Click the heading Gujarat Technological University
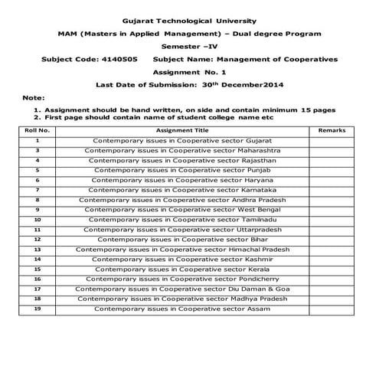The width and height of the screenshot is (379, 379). click(x=190, y=21)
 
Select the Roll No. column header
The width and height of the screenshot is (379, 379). click(x=38, y=131)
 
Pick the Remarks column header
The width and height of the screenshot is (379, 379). click(x=332, y=131)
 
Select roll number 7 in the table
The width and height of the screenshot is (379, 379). click(x=38, y=189)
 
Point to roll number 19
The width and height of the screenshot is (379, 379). click(x=38, y=309)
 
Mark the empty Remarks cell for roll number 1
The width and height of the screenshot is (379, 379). click(x=332, y=141)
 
